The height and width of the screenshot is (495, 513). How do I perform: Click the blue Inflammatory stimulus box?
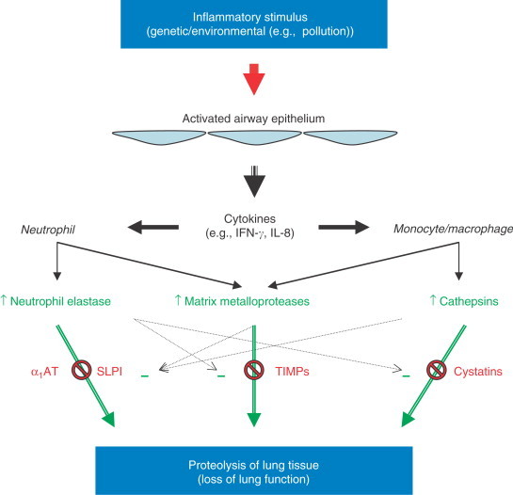[x=256, y=24]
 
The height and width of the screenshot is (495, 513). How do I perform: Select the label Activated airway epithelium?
[x=256, y=120]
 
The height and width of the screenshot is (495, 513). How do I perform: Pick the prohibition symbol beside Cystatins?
[x=436, y=370]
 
